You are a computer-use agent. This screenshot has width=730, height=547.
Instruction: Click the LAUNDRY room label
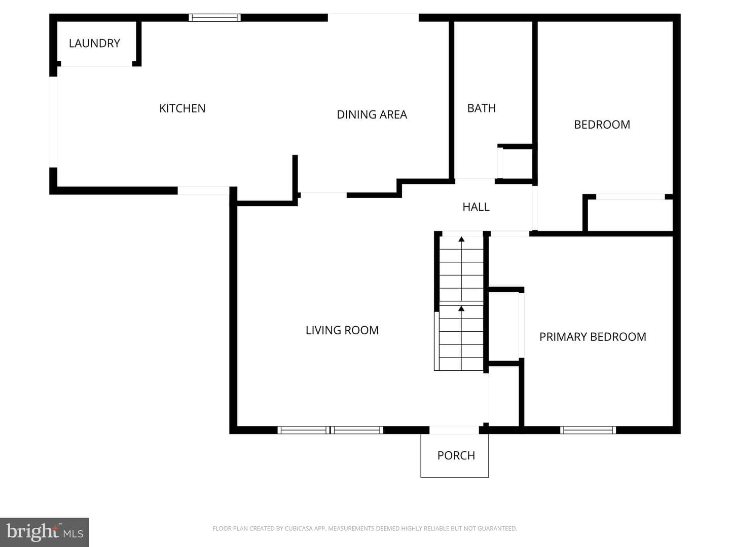(94, 43)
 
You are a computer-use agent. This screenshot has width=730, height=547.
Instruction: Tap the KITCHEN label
(182, 108)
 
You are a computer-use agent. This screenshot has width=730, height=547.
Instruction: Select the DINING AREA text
(372, 114)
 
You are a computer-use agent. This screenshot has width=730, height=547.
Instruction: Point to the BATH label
(481, 108)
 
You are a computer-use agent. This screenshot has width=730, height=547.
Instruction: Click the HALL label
(476, 207)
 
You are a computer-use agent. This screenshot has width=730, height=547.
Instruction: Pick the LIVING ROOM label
(342, 330)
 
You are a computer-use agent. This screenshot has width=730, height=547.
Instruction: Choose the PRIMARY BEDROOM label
(593, 337)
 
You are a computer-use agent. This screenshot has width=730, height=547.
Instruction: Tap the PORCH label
(456, 455)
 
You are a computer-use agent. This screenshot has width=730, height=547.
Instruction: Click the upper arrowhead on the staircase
(461, 239)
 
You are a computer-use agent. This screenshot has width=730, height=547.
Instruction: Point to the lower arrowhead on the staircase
(461, 309)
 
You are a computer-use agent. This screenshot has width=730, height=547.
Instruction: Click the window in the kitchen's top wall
(215, 18)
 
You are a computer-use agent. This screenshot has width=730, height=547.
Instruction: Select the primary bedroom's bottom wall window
(588, 430)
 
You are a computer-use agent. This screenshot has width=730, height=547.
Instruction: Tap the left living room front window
(304, 430)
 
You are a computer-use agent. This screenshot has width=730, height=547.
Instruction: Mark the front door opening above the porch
(454, 430)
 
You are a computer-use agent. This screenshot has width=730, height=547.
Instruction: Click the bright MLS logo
(45, 532)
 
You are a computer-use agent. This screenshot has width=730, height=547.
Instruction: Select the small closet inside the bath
(517, 163)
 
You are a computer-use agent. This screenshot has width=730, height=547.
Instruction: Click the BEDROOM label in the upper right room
(602, 125)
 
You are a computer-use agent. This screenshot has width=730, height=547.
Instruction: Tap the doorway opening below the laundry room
(96, 66)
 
